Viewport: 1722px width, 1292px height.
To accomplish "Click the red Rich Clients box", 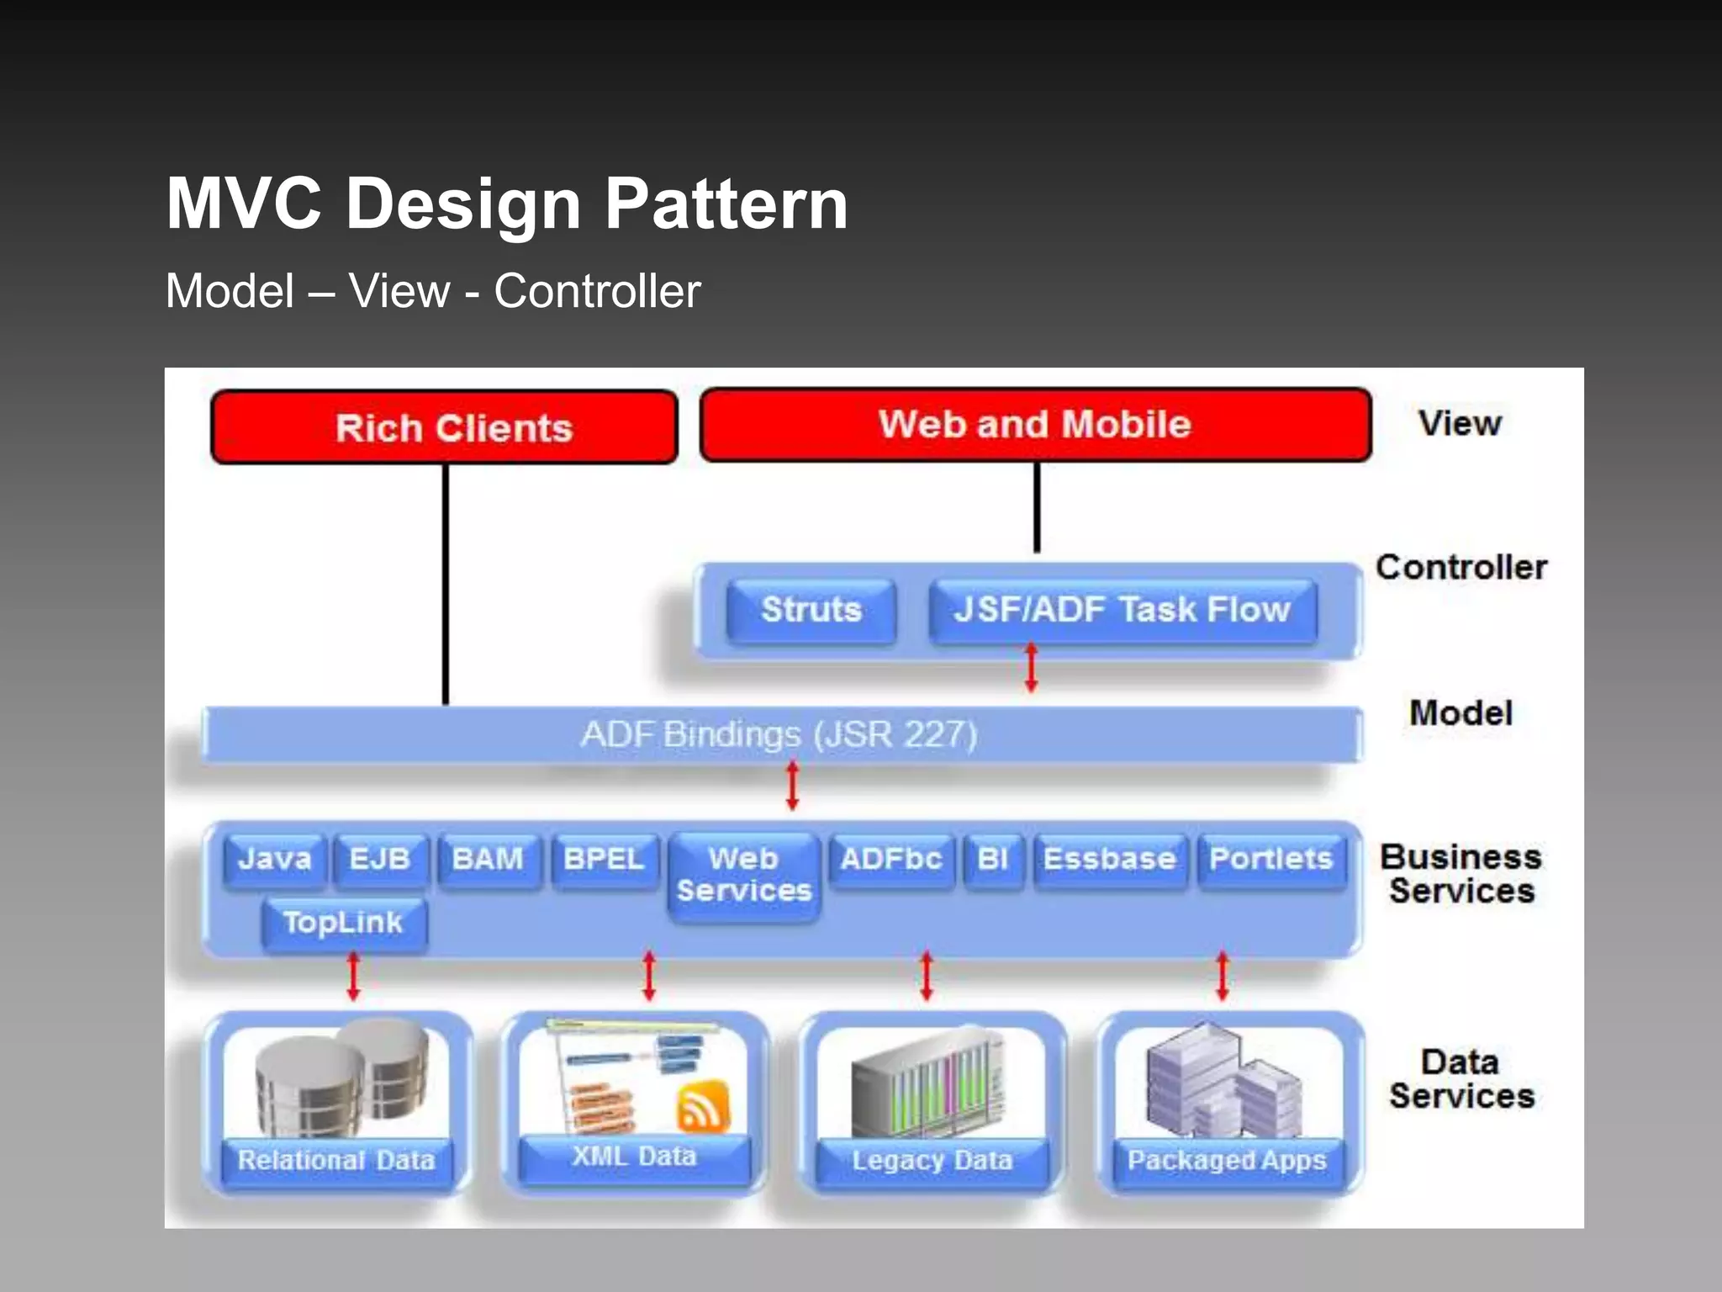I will point(444,427).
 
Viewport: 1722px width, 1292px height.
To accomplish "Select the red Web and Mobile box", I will point(1035,425).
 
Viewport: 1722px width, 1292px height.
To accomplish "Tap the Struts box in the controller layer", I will point(811,610).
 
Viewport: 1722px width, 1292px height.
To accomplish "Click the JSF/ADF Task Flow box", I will point(1122,610).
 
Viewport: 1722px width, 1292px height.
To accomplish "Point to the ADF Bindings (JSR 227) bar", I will point(780,734).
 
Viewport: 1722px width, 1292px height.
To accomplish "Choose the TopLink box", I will point(343,923).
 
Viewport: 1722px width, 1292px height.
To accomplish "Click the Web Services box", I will point(744,875).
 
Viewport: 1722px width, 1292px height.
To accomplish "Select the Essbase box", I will point(1109,859).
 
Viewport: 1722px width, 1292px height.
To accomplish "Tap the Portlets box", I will point(1270,859).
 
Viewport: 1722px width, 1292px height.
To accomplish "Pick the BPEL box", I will point(604,859).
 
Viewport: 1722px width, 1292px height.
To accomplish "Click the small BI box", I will point(993,859).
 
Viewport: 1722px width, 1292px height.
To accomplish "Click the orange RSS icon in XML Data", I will point(703,1104).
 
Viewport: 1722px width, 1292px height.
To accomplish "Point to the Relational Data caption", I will point(336,1160).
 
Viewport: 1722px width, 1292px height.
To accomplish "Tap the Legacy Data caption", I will point(932,1160).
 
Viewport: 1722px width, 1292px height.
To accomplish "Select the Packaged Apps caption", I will point(1227,1160).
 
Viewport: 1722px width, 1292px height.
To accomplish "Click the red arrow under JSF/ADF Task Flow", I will point(1032,668).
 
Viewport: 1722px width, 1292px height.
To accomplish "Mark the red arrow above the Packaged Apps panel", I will point(1223,976).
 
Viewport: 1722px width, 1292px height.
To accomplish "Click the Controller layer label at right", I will point(1461,568).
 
